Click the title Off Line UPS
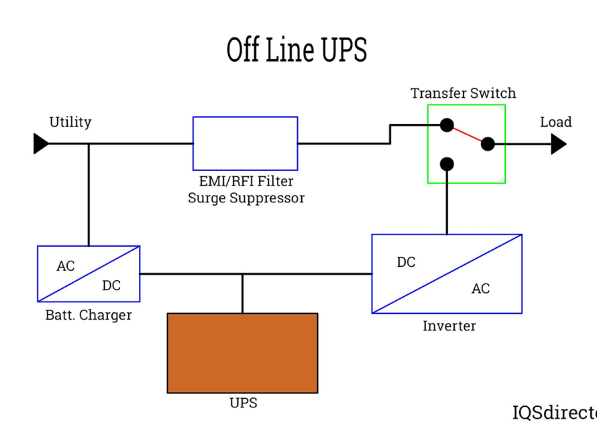(x=296, y=50)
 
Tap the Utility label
(x=70, y=122)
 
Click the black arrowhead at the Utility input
(x=41, y=143)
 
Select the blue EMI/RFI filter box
(x=245, y=143)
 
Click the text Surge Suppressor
(x=246, y=198)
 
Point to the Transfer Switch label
(x=464, y=93)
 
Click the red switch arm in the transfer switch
(x=468, y=134)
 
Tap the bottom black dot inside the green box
(x=447, y=164)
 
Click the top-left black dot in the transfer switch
(x=447, y=125)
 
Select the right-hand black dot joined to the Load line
(x=488, y=143)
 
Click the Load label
(x=555, y=122)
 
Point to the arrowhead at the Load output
(x=559, y=143)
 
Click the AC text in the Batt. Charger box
(x=66, y=266)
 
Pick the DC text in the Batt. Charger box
(x=111, y=285)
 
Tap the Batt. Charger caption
(x=89, y=315)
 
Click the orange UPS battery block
(x=242, y=353)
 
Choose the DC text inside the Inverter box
(x=406, y=262)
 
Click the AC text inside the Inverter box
(x=480, y=288)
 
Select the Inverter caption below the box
(x=449, y=326)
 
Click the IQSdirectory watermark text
(x=554, y=412)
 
